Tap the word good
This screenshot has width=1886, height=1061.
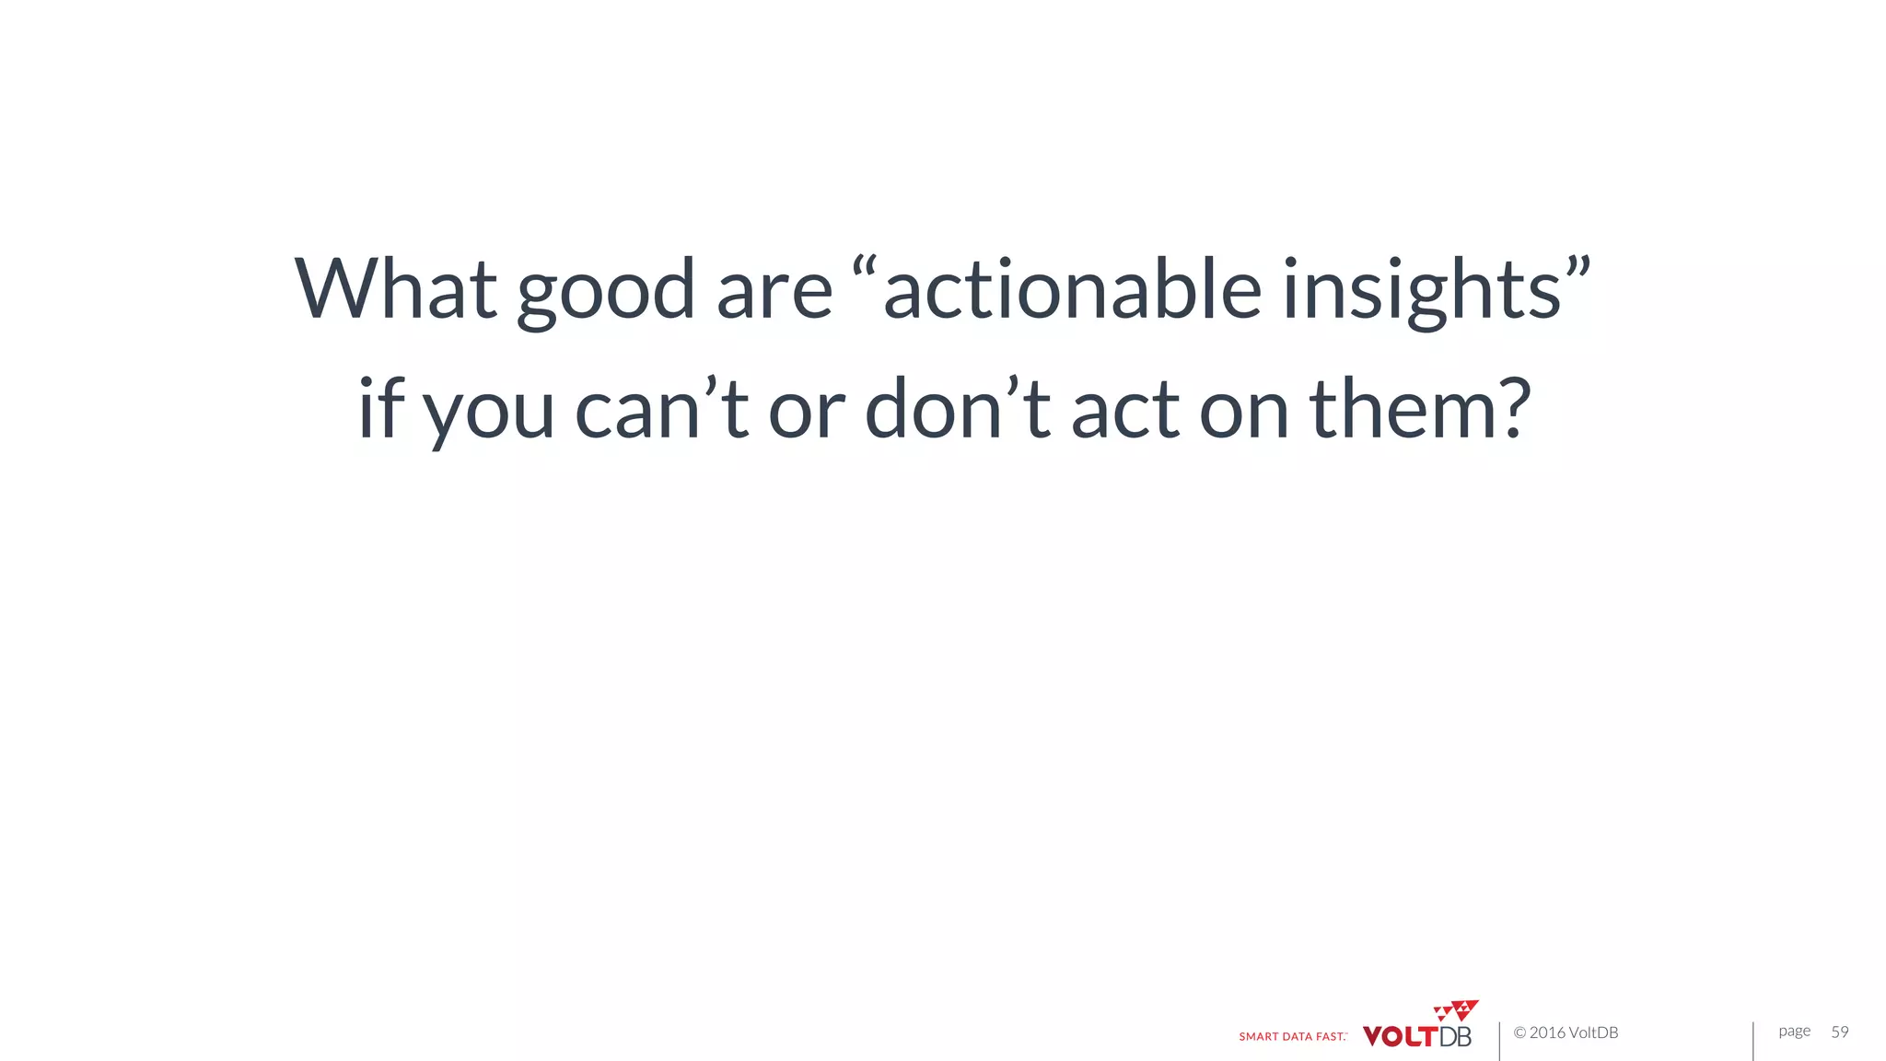pos(605,293)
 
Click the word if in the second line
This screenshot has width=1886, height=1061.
pos(380,407)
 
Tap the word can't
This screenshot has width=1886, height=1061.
pos(661,407)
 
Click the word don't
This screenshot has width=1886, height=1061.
pos(958,407)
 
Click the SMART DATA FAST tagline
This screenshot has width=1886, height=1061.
pos(1292,1036)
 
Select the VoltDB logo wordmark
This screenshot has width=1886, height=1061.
pos(1416,1036)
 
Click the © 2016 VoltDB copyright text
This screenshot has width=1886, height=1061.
pos(1566,1032)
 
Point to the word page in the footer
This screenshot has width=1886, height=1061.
pos(1794,1032)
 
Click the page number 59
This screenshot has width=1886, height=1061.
pos(1839,1032)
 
